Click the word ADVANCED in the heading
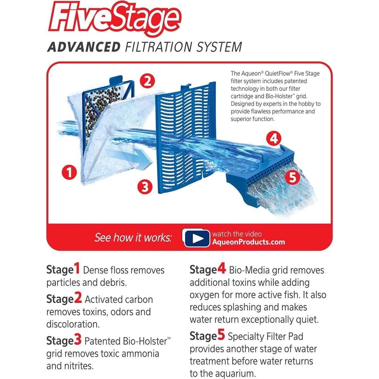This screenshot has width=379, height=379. coord(84,47)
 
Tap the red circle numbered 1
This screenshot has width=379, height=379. coord(69,172)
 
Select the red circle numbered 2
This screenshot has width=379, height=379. coord(147,81)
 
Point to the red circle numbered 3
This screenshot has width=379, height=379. coord(145,187)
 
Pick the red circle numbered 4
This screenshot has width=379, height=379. coord(274,138)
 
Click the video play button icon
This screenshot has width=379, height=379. coord(196,238)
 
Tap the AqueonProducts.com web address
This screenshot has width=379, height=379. coord(249,242)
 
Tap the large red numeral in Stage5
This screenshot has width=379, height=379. coord(221,335)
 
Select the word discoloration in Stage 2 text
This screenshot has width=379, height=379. coord(73,324)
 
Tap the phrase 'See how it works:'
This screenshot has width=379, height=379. coord(133,238)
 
